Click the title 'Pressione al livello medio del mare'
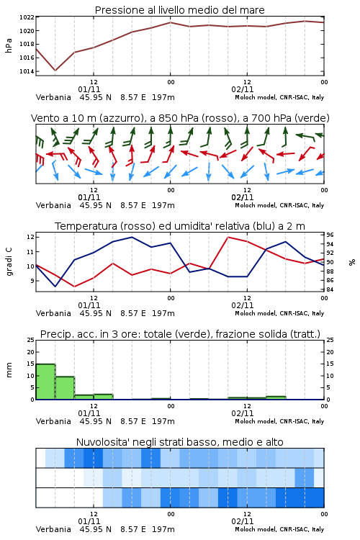point(179,10)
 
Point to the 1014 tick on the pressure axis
point(27,71)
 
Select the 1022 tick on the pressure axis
point(27,17)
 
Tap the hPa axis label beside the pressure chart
point(9,45)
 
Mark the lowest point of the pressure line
point(55,71)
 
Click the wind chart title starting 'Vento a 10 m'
point(180,118)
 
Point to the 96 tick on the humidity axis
point(330,235)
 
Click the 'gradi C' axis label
point(9,261)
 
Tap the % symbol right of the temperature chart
point(352,262)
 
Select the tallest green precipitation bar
point(45,382)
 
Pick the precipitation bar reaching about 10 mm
point(65,388)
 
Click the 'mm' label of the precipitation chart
point(9,370)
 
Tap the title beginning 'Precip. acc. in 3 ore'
point(180,334)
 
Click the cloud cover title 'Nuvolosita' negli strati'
point(179,442)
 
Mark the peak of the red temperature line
point(228,237)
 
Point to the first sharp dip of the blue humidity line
point(55,286)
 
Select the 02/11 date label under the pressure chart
point(243,89)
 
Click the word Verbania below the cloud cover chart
point(53,529)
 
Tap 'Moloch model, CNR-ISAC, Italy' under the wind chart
point(279,205)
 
